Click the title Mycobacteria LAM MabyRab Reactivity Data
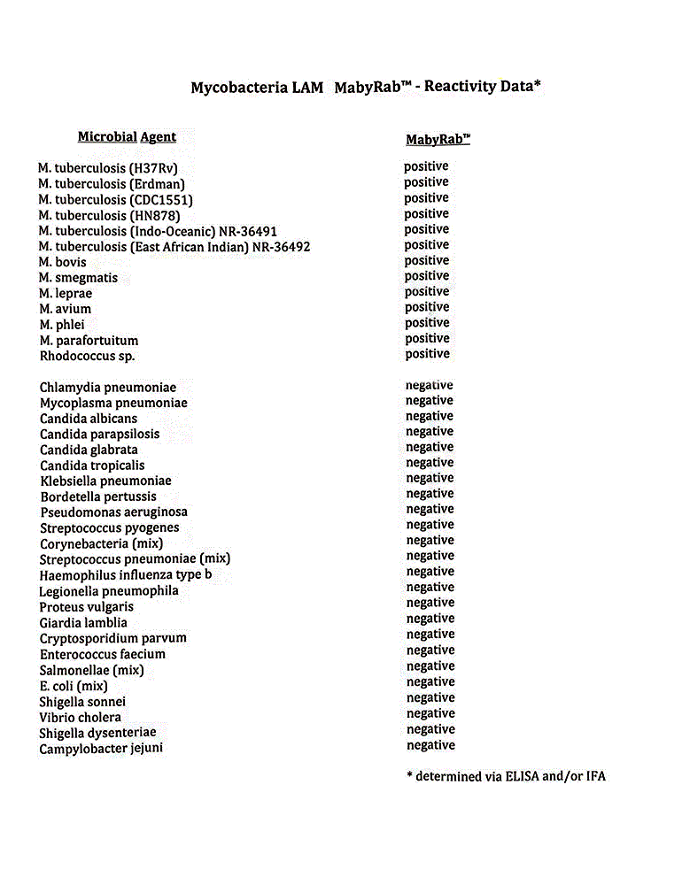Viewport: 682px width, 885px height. coord(366,88)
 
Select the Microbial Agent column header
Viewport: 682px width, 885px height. coord(127,137)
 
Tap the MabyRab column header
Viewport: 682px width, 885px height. coord(438,140)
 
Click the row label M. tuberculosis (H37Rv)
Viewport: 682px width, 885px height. coord(114,167)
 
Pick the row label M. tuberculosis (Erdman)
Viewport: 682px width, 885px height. coord(112,183)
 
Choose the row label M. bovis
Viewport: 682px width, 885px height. coord(63,262)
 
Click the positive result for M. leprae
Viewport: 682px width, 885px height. coord(427,291)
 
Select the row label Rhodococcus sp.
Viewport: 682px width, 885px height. coord(87,356)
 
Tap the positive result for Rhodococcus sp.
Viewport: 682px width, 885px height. coord(427,354)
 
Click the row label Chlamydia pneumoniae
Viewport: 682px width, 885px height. coord(108,388)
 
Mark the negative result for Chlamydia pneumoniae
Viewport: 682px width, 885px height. coord(430,385)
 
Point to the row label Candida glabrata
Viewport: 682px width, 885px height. coord(89,450)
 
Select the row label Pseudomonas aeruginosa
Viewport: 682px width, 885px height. coord(113,512)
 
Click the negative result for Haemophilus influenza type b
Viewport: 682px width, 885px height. coord(430,572)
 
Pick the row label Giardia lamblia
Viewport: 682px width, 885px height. coord(83,622)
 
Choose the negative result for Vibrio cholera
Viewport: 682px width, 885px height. coord(430,713)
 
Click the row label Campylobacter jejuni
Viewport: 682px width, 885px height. coord(101,749)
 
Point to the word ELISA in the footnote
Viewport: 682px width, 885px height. coord(522,777)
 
